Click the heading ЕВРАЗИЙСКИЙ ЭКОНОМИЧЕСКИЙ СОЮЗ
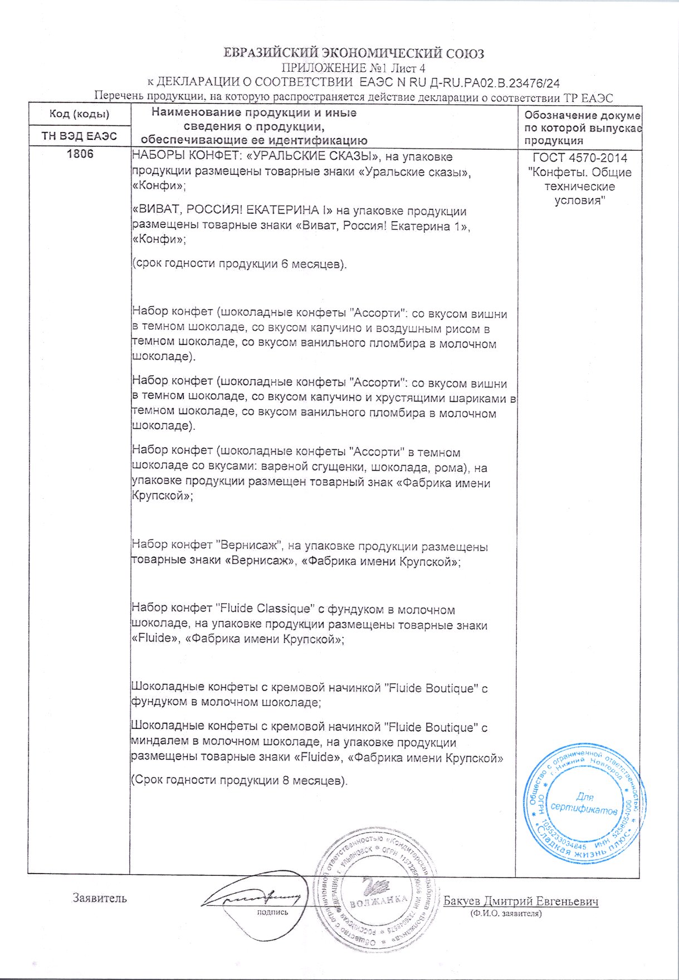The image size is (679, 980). pos(354,53)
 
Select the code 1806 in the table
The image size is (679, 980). pos(80,154)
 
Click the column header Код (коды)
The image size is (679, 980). pos(79,114)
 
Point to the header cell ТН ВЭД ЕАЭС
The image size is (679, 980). pos(79,136)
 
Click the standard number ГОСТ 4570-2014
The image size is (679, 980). pos(579,158)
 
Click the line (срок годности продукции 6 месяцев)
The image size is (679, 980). pos(240,263)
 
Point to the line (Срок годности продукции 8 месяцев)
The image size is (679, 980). pos(240,780)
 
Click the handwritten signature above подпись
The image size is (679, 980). pos(253,897)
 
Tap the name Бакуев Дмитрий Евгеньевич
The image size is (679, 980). pos(520,901)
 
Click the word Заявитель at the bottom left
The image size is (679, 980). pos(100,898)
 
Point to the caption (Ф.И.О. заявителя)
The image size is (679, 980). pos(506,913)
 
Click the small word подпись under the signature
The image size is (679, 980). pos(272,912)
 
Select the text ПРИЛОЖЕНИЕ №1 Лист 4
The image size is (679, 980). pos(354,68)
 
